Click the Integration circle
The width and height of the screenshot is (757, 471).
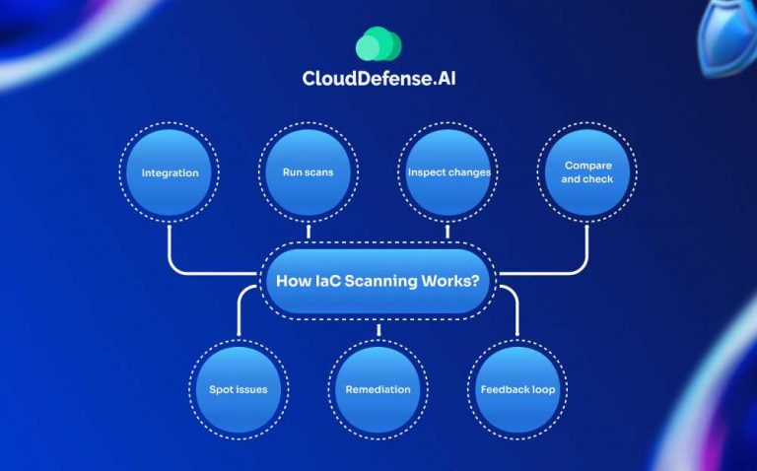point(170,173)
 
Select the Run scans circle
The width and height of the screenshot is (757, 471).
point(309,173)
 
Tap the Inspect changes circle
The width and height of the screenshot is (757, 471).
point(448,173)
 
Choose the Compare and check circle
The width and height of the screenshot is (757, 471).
point(588,173)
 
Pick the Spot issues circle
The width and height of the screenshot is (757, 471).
point(239,389)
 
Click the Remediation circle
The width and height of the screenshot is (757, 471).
point(378,389)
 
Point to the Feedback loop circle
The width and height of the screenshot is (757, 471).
point(517,389)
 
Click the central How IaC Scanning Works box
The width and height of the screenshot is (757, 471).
point(378,281)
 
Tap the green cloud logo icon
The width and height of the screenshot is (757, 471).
point(378,45)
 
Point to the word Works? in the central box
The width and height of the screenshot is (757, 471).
point(447,281)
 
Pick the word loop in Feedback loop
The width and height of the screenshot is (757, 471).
point(541,389)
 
